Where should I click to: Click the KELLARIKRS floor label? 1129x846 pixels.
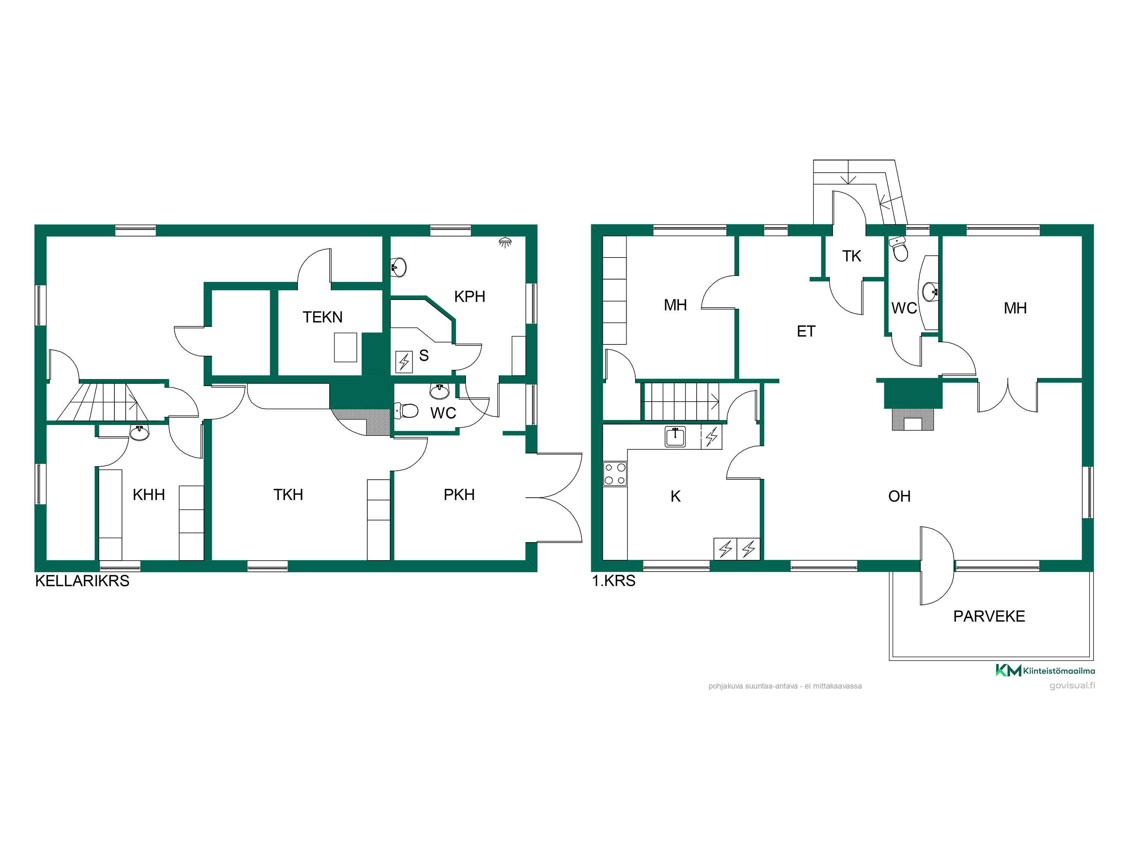[82, 581]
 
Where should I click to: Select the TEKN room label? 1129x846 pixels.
[323, 317]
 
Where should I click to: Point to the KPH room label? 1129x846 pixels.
[470, 296]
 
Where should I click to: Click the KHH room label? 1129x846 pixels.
[149, 495]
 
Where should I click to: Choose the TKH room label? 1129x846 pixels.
[288, 495]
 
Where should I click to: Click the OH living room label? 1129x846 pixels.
[899, 496]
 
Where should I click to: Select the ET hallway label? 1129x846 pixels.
[806, 332]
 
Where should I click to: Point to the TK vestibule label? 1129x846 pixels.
[851, 256]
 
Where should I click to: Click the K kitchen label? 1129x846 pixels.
[675, 496]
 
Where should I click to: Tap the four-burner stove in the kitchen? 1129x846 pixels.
[615, 474]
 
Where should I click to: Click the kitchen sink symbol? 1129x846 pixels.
[675, 437]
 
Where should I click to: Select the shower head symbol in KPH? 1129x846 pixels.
[505, 242]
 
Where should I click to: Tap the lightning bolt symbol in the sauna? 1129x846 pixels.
[404, 362]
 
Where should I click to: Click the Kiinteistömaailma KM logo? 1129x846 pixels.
[1045, 670]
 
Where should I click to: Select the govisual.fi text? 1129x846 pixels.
[1072, 686]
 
